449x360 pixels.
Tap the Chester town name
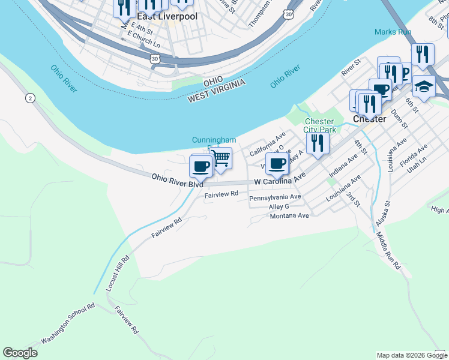pyautogui.click(x=369, y=119)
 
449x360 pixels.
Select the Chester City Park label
pyautogui.click(x=319, y=125)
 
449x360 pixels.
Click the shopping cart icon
pyautogui.click(x=221, y=158)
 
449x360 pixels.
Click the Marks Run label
pyautogui.click(x=393, y=31)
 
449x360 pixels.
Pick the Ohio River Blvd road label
pyautogui.click(x=177, y=181)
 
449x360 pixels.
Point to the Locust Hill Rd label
pyautogui.click(x=118, y=274)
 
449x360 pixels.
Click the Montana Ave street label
pyautogui.click(x=289, y=215)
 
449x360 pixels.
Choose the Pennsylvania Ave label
pyautogui.click(x=275, y=197)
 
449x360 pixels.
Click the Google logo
pyautogui.click(x=20, y=352)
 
